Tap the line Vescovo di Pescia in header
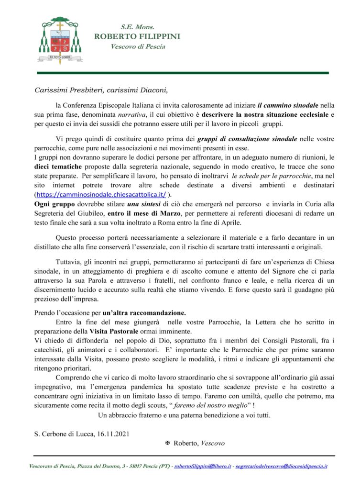coord(138,46)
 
